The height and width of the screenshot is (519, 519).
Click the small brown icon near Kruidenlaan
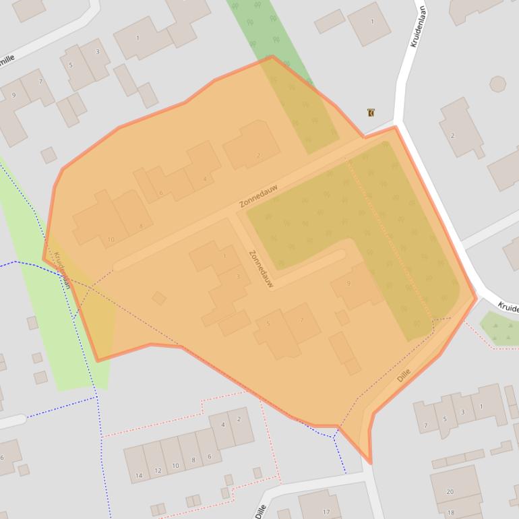(x=371, y=113)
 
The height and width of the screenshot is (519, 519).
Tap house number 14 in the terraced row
(x=139, y=476)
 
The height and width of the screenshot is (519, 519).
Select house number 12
(x=158, y=470)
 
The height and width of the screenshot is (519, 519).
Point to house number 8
(x=192, y=461)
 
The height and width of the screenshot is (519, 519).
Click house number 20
(x=450, y=491)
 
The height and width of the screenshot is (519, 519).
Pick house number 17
(x=326, y=512)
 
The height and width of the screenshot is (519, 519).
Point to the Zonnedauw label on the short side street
(x=260, y=269)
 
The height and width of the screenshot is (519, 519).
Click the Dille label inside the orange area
(x=404, y=376)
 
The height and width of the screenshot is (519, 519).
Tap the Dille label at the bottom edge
(x=260, y=511)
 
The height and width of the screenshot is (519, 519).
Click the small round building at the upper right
(x=497, y=84)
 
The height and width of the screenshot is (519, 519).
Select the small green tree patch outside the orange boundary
(x=499, y=328)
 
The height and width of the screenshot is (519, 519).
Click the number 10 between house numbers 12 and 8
(x=175, y=466)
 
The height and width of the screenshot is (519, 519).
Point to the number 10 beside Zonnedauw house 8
(x=111, y=240)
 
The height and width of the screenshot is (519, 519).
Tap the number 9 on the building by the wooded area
(x=348, y=284)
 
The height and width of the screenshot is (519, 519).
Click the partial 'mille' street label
(x=6, y=60)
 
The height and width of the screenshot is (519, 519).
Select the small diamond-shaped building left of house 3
(x=159, y=298)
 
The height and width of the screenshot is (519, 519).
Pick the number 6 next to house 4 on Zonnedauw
(x=161, y=193)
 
